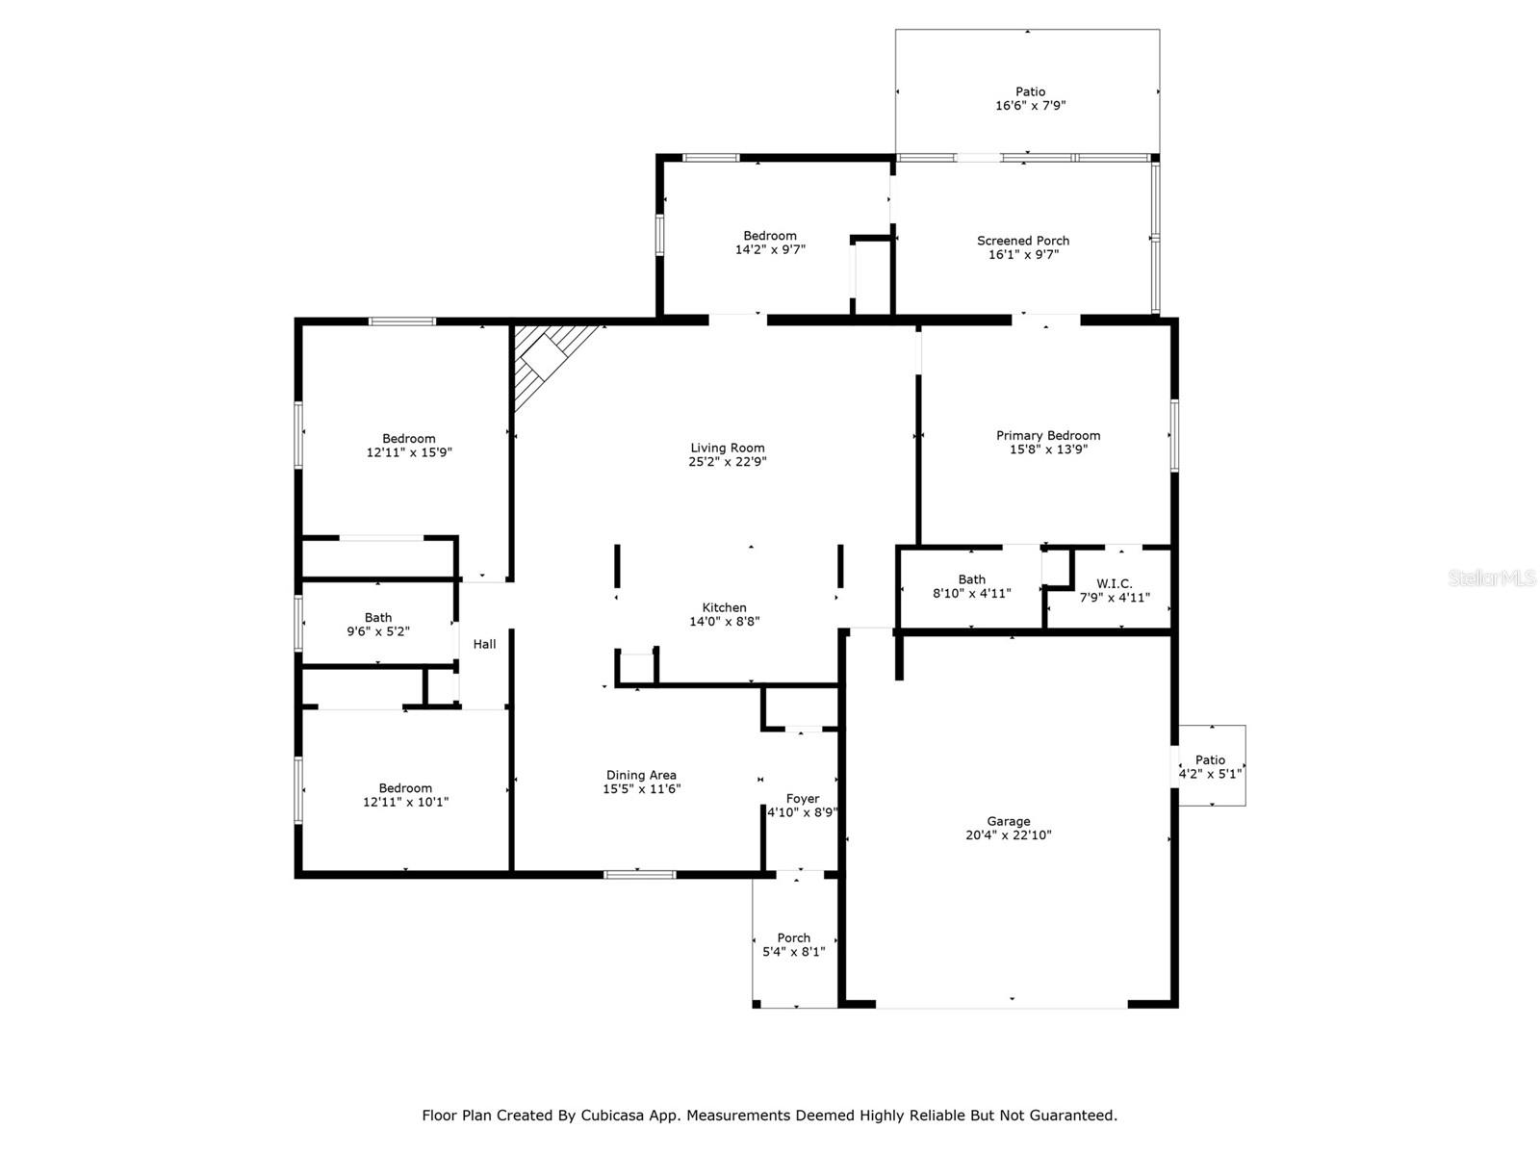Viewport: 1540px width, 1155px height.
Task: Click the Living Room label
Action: click(x=727, y=448)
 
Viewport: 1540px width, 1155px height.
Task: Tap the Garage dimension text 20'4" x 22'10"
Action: click(x=1008, y=834)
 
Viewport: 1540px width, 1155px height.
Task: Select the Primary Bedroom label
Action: click(x=1047, y=435)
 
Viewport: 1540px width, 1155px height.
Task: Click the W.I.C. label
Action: click(x=1115, y=583)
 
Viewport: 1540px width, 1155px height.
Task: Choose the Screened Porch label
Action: click(x=1023, y=241)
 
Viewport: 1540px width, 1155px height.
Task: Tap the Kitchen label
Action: click(x=724, y=607)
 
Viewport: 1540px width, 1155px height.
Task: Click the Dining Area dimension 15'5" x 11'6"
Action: click(x=641, y=789)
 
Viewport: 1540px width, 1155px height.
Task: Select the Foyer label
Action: click(x=803, y=799)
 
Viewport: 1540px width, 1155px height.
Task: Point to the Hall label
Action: click(x=484, y=644)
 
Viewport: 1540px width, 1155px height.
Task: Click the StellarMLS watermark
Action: click(x=1491, y=577)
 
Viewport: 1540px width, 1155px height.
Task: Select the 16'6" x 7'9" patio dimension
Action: click(x=1030, y=105)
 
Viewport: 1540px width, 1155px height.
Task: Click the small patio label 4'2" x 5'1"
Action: click(x=1210, y=774)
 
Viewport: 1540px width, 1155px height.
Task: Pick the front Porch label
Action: click(x=793, y=937)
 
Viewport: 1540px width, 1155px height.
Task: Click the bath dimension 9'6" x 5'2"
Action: click(x=378, y=631)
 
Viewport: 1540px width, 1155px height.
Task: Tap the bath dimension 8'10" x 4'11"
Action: click(x=971, y=593)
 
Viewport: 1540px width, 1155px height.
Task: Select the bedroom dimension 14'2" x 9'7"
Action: click(x=770, y=249)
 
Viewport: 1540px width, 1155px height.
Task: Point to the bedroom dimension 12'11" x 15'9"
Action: click(x=409, y=452)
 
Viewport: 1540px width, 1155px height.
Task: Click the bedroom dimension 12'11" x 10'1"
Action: click(x=405, y=802)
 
